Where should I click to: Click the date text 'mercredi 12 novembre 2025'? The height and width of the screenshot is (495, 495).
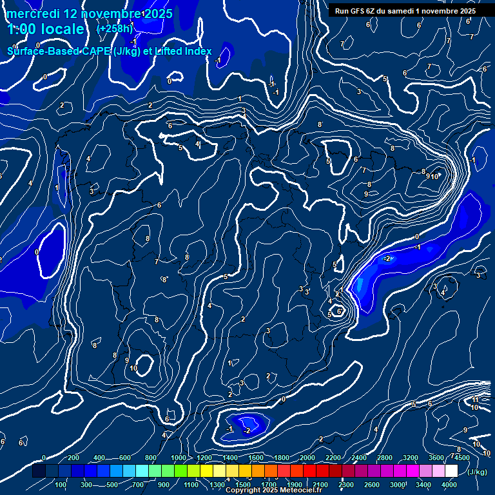tap(90, 14)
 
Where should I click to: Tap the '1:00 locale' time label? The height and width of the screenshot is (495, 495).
tap(46, 29)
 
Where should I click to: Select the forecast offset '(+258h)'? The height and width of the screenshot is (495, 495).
tap(115, 29)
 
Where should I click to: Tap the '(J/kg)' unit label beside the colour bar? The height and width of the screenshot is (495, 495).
tap(478, 472)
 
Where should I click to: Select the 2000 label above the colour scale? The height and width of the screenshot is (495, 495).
tap(307, 458)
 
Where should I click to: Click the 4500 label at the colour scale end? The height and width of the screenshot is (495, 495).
tap(461, 458)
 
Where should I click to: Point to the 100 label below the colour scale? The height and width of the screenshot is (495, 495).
tap(61, 485)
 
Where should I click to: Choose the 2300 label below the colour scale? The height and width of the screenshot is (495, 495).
tap(345, 485)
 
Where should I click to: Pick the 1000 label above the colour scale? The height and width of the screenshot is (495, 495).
tap(179, 458)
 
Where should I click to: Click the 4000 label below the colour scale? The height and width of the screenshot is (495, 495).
tap(449, 485)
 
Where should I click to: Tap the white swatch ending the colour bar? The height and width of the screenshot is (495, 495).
tap(451, 471)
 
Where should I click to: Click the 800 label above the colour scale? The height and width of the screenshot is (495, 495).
tap(151, 458)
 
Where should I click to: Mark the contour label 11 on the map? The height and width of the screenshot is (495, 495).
tap(475, 400)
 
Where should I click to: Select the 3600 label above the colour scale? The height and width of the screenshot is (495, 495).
tap(436, 458)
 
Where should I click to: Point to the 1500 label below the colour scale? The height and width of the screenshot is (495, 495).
tap(243, 485)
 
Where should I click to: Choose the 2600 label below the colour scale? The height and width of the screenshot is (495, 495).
tap(371, 485)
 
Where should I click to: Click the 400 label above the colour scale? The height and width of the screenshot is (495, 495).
tap(100, 458)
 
